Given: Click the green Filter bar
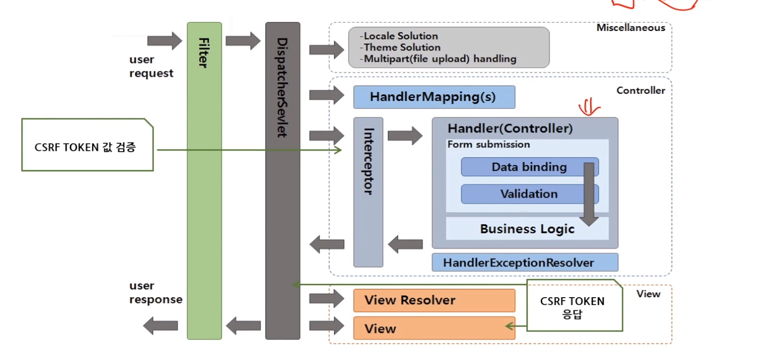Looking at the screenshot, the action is pyautogui.click(x=204, y=181).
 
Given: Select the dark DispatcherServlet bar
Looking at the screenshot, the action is pyautogui.click(x=282, y=181).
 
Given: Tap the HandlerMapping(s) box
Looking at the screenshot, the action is pyautogui.click(x=434, y=97).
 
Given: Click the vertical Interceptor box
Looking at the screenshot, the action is pyautogui.click(x=368, y=192).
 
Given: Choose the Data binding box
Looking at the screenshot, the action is pyautogui.click(x=530, y=167).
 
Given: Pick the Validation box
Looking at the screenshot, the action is pyautogui.click(x=530, y=194).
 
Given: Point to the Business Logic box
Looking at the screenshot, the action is pyautogui.click(x=527, y=229).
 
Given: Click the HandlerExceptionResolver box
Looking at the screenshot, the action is pyautogui.click(x=525, y=263).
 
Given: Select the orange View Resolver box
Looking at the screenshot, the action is pyautogui.click(x=434, y=301).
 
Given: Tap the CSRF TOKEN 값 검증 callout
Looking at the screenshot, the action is pyautogui.click(x=87, y=145).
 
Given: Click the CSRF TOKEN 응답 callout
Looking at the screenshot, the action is pyautogui.click(x=575, y=305).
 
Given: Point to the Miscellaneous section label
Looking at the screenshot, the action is pyautogui.click(x=631, y=28).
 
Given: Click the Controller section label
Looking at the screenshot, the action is pyautogui.click(x=640, y=90).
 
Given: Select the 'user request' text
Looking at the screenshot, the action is pyautogui.click(x=151, y=66).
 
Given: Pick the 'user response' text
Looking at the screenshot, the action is pyautogui.click(x=156, y=292).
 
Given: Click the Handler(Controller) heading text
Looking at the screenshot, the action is pyautogui.click(x=510, y=129).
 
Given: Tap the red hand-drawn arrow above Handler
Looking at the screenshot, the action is pyautogui.click(x=589, y=107).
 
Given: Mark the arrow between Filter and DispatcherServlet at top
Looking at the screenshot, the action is pyautogui.click(x=243, y=41).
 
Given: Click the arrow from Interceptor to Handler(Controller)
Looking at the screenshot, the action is pyautogui.click(x=405, y=136).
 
